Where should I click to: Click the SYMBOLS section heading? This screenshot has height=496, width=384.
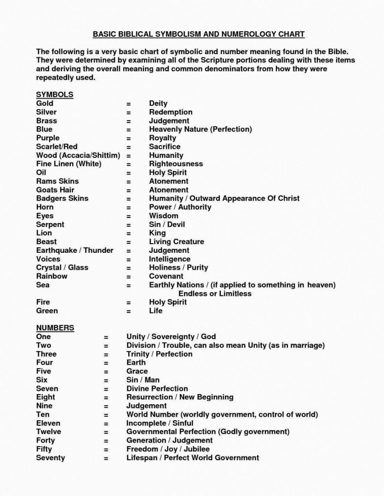pos(55,94)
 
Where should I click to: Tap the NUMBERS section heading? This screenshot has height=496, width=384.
pos(55,327)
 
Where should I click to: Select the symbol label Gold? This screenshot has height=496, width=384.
pos(44,103)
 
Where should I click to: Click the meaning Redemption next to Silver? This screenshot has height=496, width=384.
pos(170,112)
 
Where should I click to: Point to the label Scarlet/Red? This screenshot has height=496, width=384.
pos(57,146)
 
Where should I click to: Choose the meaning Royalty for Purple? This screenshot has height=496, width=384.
pos(162,138)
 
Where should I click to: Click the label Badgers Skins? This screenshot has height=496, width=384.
pos(62,198)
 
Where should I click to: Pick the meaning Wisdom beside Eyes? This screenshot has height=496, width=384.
pos(163,215)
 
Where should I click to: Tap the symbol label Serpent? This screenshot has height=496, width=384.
pos(50,224)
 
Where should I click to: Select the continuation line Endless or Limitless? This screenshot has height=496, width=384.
pos(215,293)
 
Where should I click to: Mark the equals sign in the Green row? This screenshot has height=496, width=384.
pos(129,311)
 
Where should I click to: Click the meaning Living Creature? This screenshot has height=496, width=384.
pos(176,242)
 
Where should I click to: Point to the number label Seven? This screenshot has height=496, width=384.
pos(47,389)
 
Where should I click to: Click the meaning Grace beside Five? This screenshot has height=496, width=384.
pos(137,371)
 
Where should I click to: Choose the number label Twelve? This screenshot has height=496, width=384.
pos(49,431)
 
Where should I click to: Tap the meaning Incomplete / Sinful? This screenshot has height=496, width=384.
pos(160,423)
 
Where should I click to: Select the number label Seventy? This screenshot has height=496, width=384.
pos(51,458)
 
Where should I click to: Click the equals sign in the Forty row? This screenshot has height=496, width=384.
pos(106,440)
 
